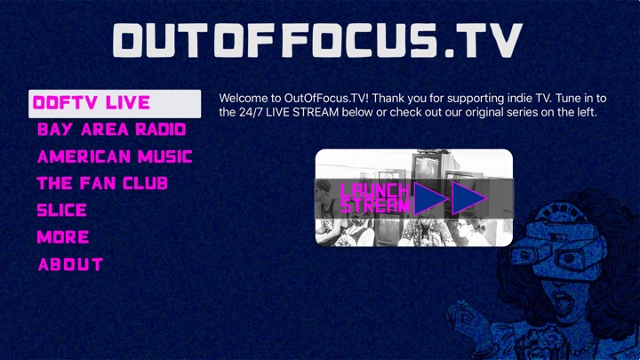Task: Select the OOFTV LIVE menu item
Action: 115,104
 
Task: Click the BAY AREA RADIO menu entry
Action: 111,130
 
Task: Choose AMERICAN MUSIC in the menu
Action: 115,156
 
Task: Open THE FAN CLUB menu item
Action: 102,184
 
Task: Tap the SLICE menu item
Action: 61,210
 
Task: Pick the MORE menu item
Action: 63,237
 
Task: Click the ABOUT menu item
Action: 70,265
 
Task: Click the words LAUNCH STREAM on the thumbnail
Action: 375,198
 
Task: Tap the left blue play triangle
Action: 430,199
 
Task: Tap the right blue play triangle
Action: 468,199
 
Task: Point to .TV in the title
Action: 484,40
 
